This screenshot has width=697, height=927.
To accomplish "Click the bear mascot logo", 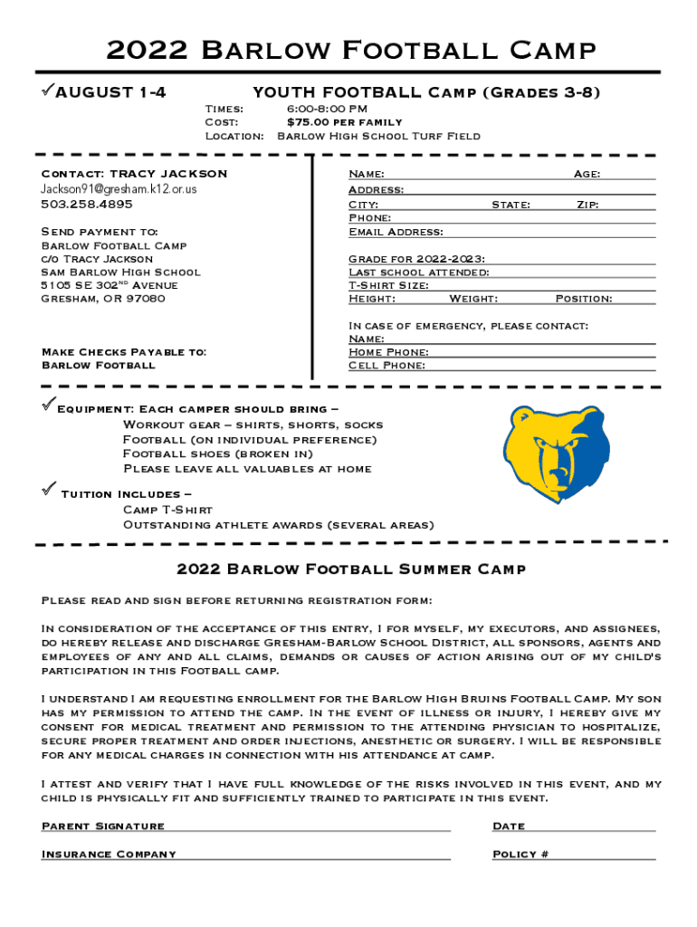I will click(555, 454).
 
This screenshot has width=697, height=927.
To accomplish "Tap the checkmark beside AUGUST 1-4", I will click(47, 91).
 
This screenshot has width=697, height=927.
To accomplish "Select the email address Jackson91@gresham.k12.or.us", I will click(119, 189).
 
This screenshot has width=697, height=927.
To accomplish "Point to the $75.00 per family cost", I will click(344, 122).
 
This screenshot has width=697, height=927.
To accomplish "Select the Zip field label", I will click(587, 205).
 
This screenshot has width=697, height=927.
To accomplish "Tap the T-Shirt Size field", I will click(388, 285).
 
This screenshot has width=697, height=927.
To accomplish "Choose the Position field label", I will click(583, 299).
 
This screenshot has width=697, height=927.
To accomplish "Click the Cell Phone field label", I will click(387, 366).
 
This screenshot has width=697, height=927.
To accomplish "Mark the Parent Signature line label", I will click(103, 826).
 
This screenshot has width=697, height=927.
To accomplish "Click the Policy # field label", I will click(520, 854).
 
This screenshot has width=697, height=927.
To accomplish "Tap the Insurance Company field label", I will click(109, 854).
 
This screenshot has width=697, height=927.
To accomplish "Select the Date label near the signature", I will click(509, 826).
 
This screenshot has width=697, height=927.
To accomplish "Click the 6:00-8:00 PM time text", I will click(327, 109).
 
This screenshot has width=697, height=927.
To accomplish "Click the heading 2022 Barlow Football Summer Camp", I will click(351, 569).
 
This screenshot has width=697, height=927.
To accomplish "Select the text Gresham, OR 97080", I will click(103, 299).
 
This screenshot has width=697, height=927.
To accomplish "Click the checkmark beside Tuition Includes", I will click(48, 491).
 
